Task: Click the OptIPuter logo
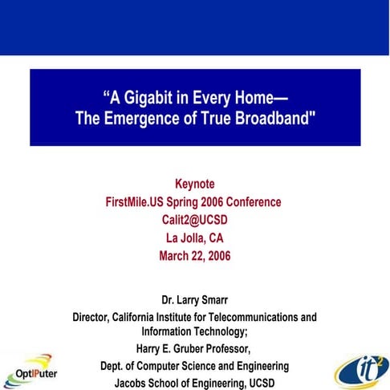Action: click(x=29, y=371)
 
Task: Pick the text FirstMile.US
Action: click(x=140, y=202)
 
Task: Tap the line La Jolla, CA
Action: click(x=194, y=239)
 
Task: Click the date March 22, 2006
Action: click(x=194, y=258)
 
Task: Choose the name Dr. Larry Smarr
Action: click(x=194, y=301)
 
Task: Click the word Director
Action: click(x=95, y=317)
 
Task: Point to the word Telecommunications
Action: click(x=255, y=317)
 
